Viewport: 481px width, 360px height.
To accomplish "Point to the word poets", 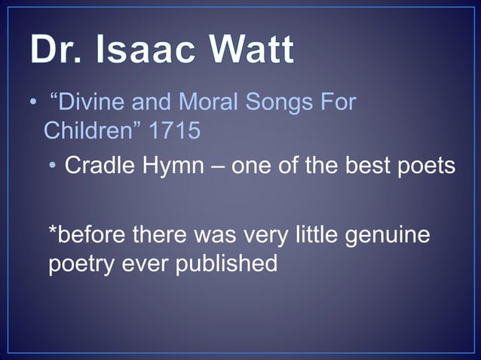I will (426, 166).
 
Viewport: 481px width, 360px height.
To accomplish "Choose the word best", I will (370, 165).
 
